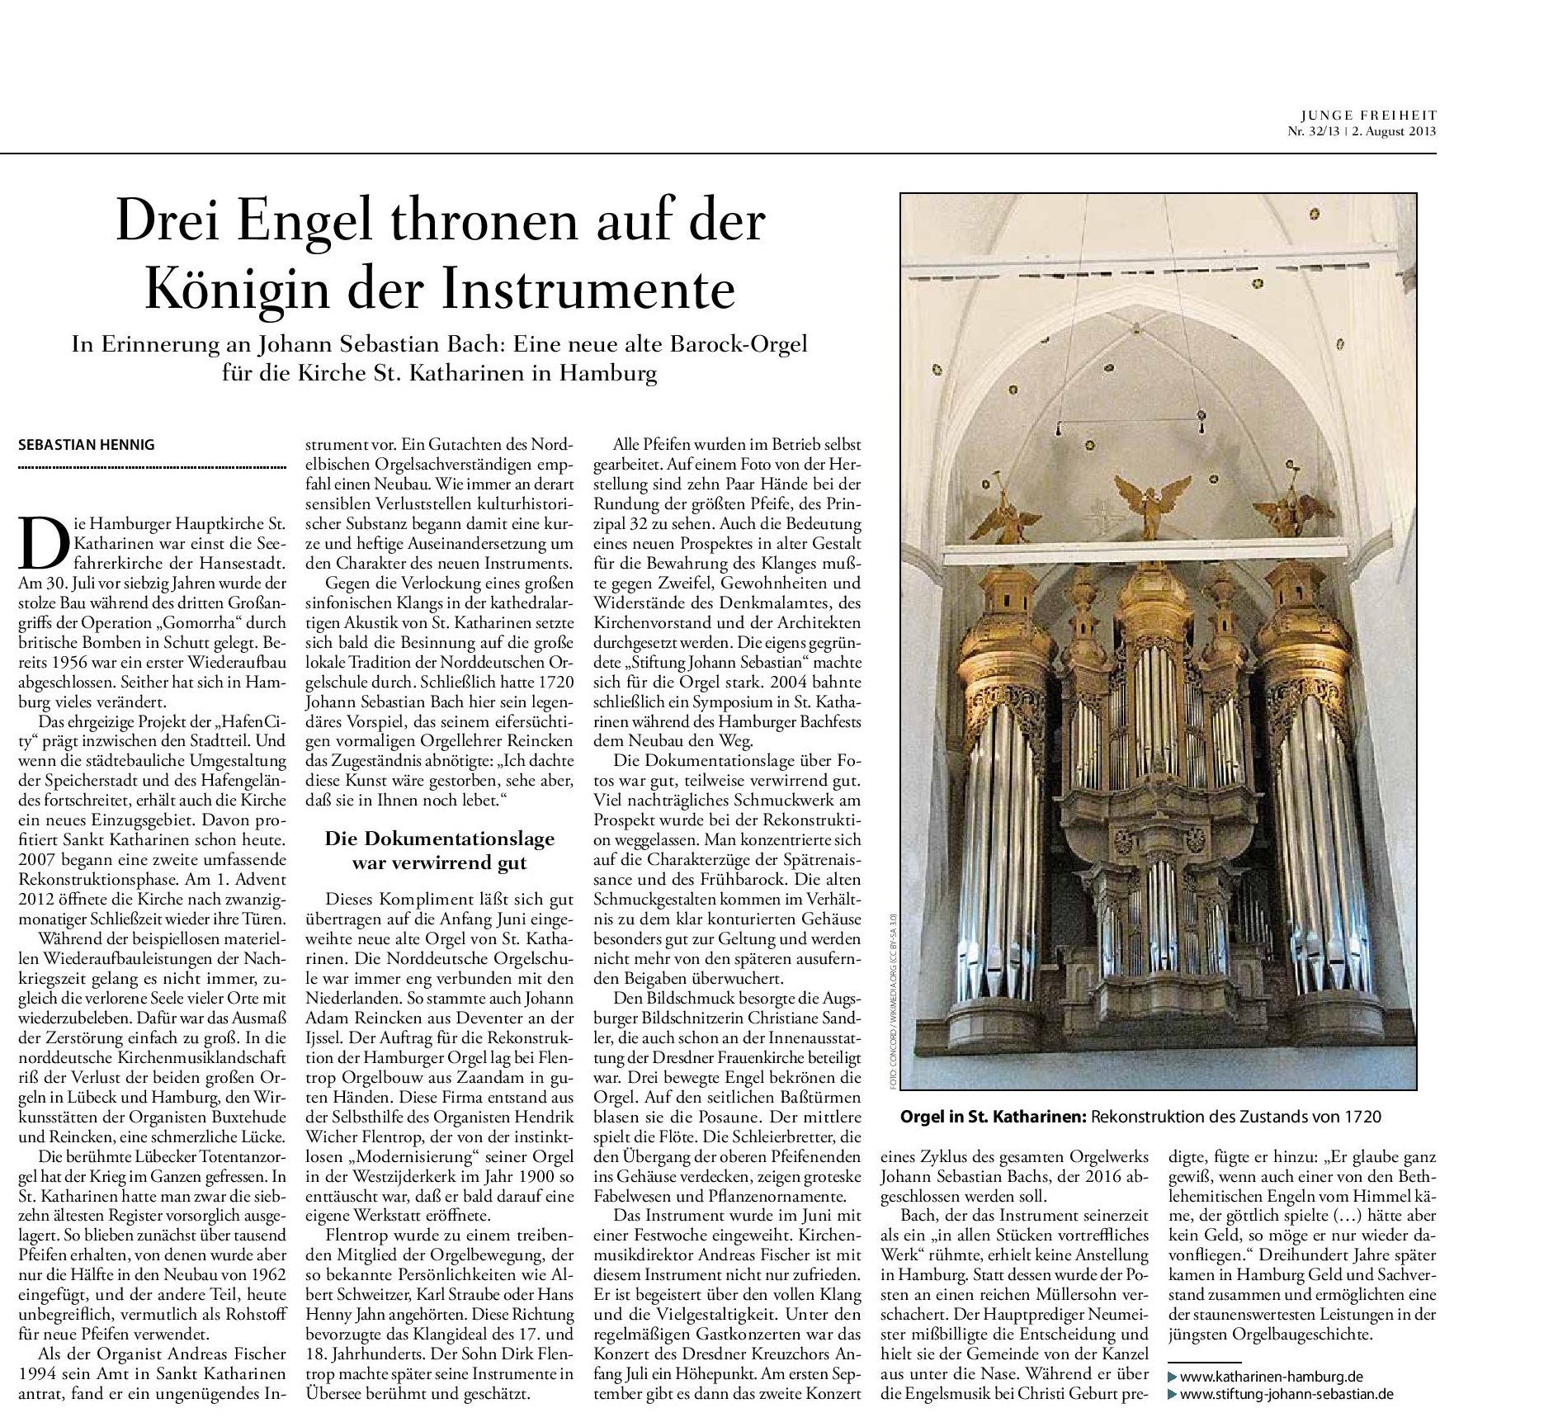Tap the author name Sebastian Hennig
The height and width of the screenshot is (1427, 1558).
click(87, 445)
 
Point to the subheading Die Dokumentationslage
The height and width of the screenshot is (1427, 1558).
click(440, 839)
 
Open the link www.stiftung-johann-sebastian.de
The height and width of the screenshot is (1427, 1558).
click(1286, 1394)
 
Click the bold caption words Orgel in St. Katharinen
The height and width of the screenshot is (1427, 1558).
click(994, 1117)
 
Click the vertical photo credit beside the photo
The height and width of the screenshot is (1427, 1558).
click(892, 999)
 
